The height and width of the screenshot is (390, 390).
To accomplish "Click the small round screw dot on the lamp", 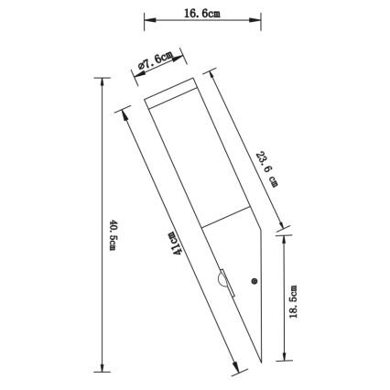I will click(x=255, y=279).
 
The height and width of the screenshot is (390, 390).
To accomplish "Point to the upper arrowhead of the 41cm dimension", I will click(x=119, y=114).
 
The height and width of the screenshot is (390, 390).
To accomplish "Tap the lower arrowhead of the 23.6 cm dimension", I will click(x=282, y=225).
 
